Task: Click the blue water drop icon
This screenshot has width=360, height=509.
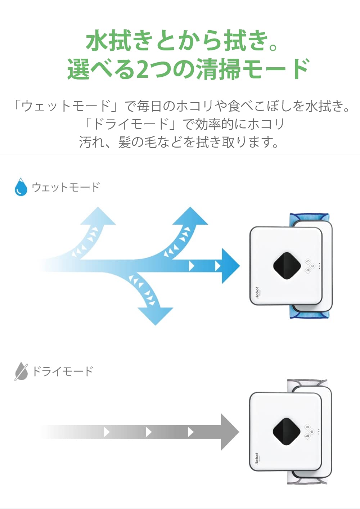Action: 21,187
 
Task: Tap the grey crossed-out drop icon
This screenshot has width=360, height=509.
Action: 21,371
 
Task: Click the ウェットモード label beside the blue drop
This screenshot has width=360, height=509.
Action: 66,187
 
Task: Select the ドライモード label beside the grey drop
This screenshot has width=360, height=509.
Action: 63,371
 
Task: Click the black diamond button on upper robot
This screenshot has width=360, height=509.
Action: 287,266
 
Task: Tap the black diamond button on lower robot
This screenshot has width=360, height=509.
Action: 286,432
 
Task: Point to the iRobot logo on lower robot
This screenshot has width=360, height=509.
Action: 257,459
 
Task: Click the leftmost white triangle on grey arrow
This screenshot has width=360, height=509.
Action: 106,432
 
